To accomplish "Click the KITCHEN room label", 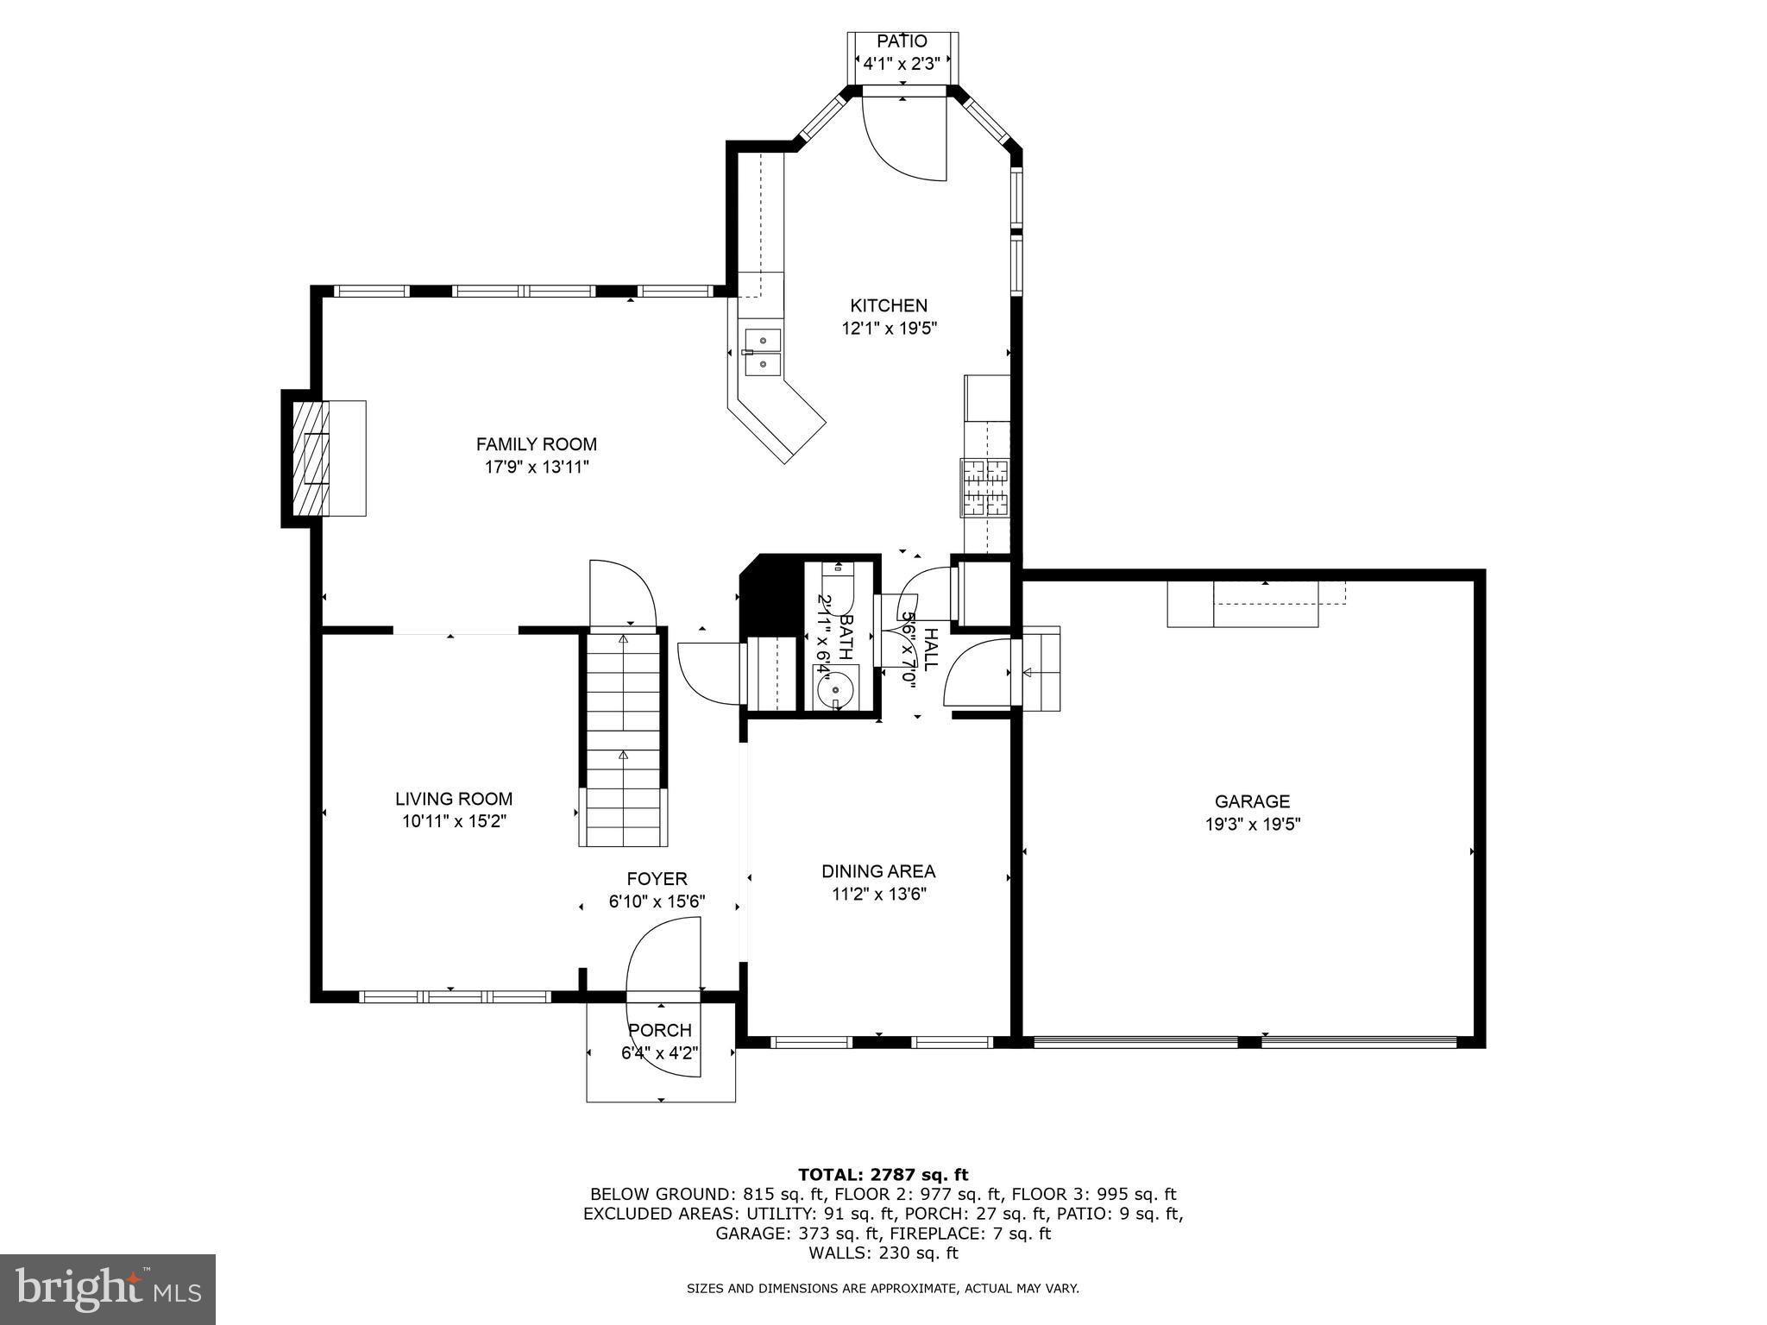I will point(889,305).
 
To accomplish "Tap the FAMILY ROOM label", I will point(536,444).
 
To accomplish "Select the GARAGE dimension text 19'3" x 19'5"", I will point(1252,824).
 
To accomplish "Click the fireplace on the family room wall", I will point(312,457).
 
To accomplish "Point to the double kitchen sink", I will point(763,352).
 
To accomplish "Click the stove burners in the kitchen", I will point(985,487).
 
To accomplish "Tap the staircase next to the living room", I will point(623,738).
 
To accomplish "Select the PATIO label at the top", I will point(902,41).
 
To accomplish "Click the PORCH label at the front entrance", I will point(659,1030).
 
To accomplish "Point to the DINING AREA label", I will point(877,871).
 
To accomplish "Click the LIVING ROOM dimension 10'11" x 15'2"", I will point(454,821).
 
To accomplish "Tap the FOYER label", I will point(657,879).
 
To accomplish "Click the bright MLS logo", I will point(108,1290).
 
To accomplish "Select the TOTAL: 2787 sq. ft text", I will point(883,1174).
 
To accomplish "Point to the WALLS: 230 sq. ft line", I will point(883,1253).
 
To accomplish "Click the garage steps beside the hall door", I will point(1041,669).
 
